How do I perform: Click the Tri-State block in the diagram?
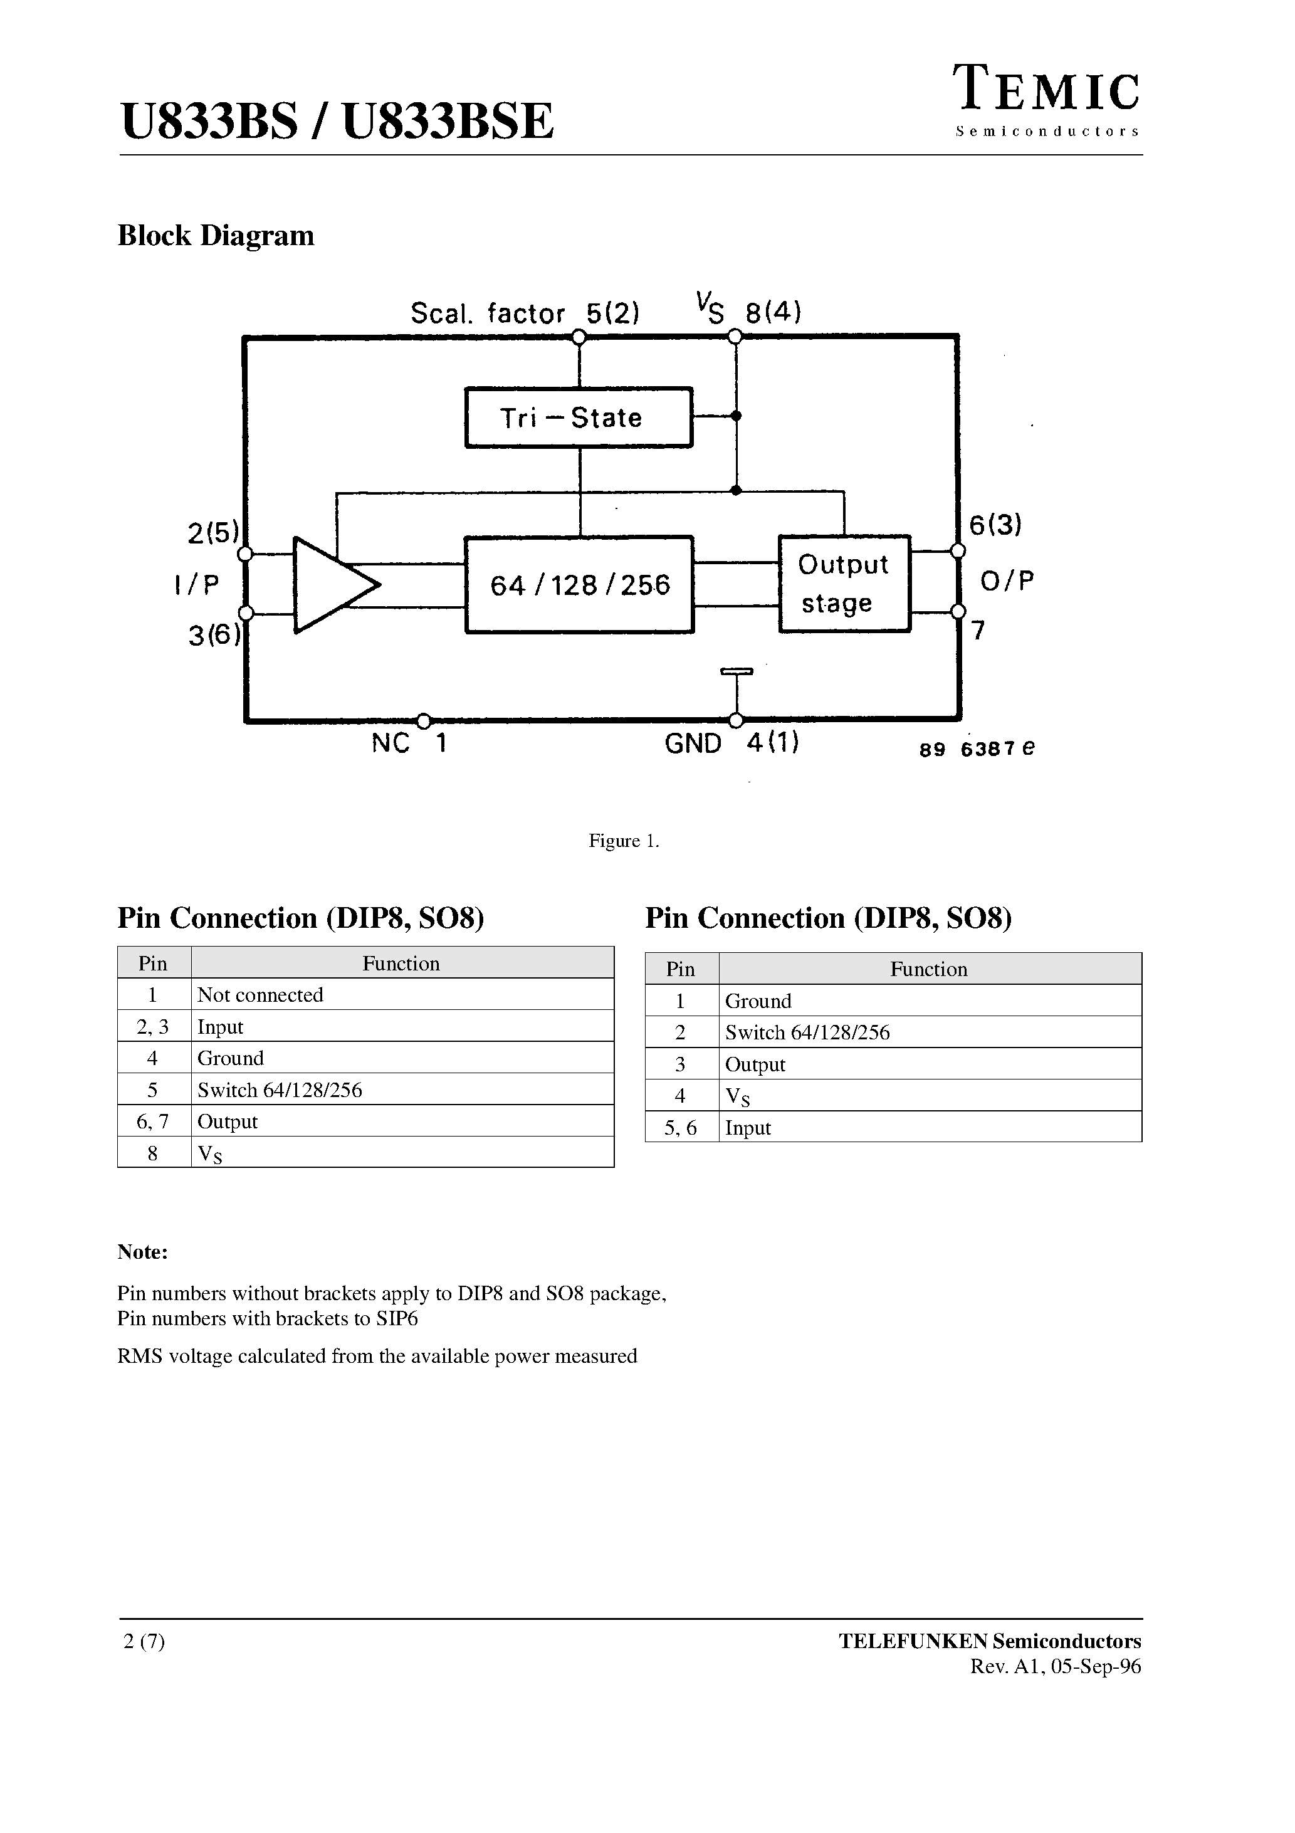coord(579,418)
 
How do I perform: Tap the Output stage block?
coord(844,584)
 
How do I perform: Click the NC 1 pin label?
coord(409,744)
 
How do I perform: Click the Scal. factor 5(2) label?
coord(525,313)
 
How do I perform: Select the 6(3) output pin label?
coord(995,525)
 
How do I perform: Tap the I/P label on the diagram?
coord(196,585)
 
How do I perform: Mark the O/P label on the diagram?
coord(1006,581)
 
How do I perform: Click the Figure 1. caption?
coord(624,841)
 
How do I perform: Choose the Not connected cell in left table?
coord(260,995)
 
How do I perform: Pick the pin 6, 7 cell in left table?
coord(152,1121)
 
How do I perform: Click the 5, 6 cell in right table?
coord(680,1128)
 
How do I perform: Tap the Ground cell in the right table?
coord(758,1001)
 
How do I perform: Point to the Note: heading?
coord(142,1252)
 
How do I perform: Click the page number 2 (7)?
coord(144,1641)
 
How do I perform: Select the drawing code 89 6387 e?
coord(977,749)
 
